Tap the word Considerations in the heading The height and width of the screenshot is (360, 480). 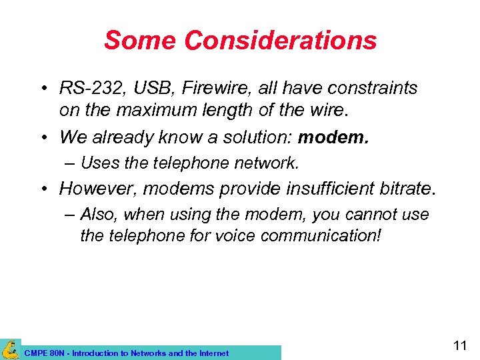coord(280,41)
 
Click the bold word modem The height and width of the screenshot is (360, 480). coord(333,137)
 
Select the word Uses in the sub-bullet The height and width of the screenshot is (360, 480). coord(98,163)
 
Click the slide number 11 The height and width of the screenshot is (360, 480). coord(459,345)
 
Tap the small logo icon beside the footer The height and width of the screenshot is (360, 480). coord(10,349)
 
